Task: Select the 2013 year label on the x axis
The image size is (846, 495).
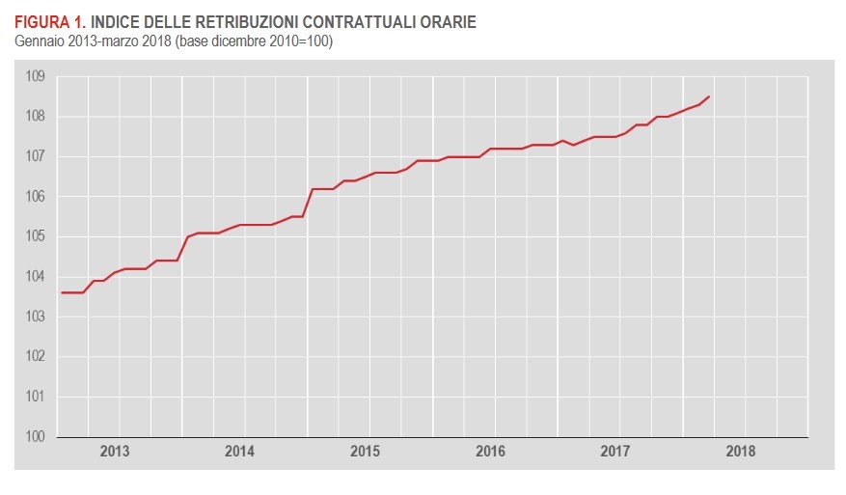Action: (x=115, y=452)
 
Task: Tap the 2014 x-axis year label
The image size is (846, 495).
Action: (x=239, y=452)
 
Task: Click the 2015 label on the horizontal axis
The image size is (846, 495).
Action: (x=365, y=452)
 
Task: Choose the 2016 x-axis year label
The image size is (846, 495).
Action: (x=490, y=452)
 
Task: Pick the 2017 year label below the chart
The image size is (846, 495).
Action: (x=615, y=452)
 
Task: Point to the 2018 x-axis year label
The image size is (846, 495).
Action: (x=741, y=452)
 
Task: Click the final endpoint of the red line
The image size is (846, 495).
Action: (x=710, y=96)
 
